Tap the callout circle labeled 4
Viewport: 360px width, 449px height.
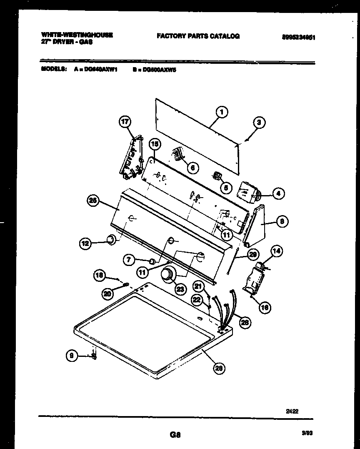click(278, 193)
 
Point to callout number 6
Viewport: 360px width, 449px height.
click(192, 167)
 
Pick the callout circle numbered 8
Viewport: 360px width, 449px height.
click(281, 222)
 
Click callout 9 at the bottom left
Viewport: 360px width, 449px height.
click(72, 356)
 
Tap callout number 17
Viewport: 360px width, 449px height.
click(125, 122)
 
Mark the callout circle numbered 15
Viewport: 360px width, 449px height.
click(155, 144)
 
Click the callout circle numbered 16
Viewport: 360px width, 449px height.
click(265, 308)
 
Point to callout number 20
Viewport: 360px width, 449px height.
click(108, 293)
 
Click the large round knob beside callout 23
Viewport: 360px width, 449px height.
click(168, 275)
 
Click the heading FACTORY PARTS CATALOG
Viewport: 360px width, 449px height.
click(198, 36)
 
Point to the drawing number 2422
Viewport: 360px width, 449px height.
click(292, 411)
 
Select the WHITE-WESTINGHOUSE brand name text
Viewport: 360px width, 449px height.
click(77, 35)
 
